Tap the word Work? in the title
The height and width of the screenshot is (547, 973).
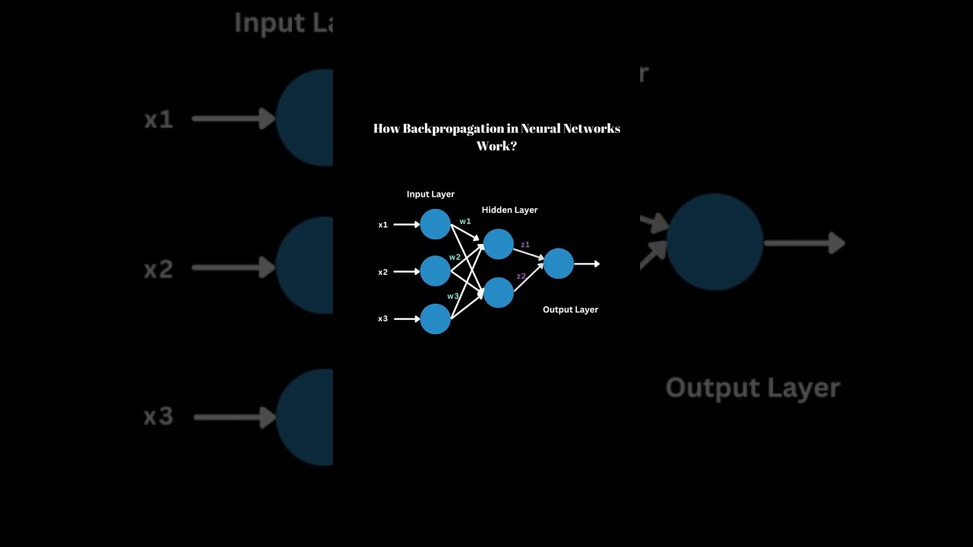(x=496, y=146)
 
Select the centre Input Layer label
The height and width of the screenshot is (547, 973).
(x=430, y=194)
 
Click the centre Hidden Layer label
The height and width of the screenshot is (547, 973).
(x=509, y=210)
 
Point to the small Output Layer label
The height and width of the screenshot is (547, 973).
(x=570, y=310)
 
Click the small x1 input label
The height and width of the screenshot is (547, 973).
(x=383, y=225)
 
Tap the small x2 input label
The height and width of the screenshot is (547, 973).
(x=383, y=272)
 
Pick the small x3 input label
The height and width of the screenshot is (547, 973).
(x=383, y=319)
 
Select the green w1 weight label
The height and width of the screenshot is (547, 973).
(x=465, y=221)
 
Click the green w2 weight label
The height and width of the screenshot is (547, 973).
(x=455, y=257)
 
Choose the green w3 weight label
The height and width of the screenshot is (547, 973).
(x=453, y=296)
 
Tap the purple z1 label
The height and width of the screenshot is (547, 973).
(x=525, y=245)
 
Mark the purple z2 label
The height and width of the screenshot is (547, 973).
(x=521, y=277)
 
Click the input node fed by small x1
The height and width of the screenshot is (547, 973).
(x=436, y=224)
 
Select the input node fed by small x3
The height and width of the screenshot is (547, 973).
(x=436, y=319)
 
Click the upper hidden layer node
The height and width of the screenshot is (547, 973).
(x=499, y=244)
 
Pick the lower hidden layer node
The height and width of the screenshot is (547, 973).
(x=499, y=292)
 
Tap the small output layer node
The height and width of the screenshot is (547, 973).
(x=559, y=264)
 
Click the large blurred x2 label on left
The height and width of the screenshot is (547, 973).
(x=159, y=269)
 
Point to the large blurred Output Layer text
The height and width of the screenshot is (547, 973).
(x=753, y=387)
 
